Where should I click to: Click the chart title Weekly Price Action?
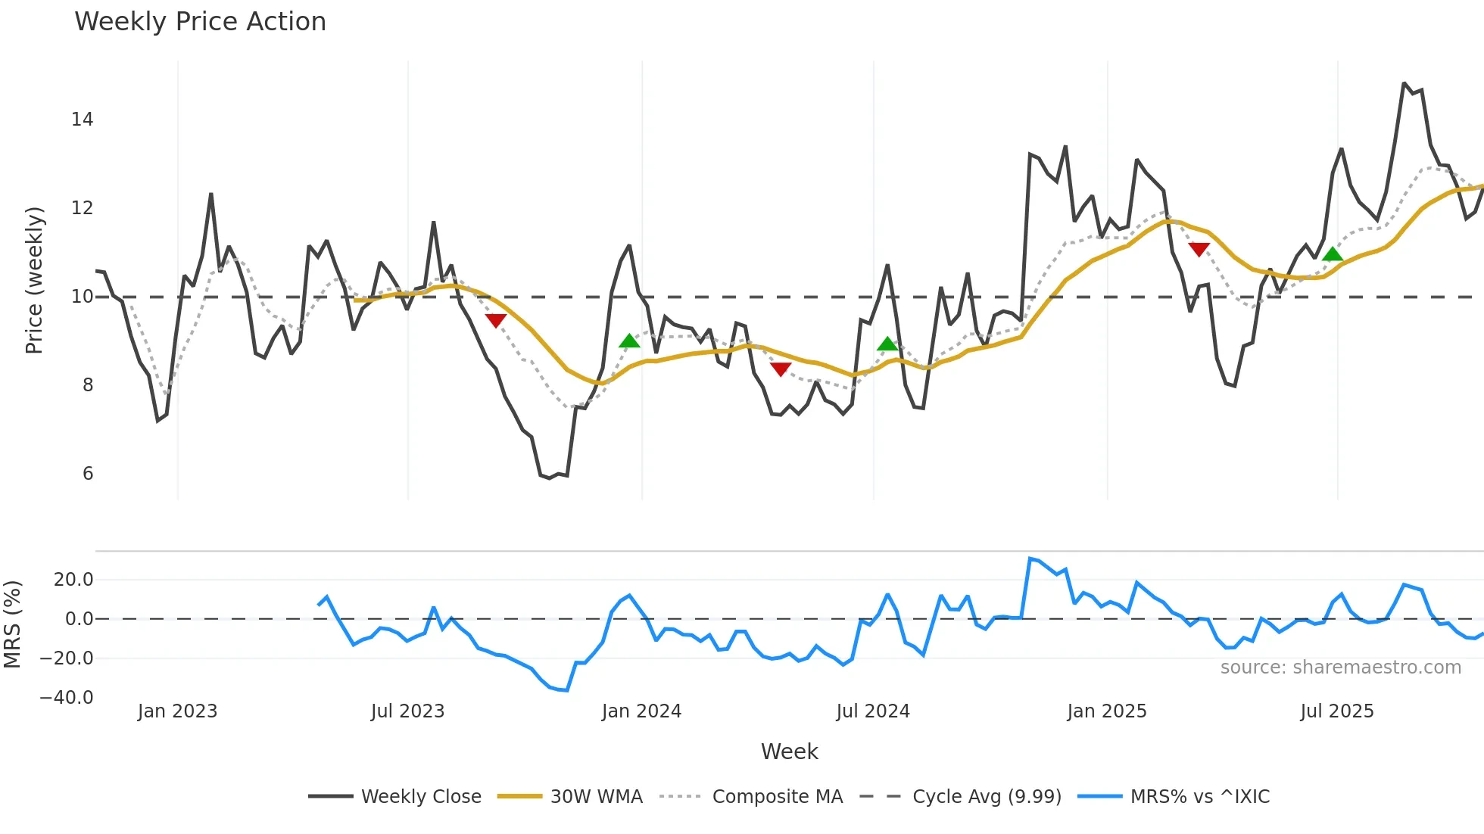(200, 22)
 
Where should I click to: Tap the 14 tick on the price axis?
(83, 120)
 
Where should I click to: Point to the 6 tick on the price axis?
(88, 474)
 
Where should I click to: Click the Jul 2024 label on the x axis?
(873, 711)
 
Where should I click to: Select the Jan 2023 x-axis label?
(177, 711)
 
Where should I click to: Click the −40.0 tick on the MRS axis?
(67, 698)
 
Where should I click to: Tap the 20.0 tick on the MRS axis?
(73, 580)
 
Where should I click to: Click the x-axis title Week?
(789, 752)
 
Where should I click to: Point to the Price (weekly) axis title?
(34, 281)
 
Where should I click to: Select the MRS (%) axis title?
(12, 624)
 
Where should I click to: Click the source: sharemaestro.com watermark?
(1340, 668)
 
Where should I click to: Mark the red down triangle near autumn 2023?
(496, 320)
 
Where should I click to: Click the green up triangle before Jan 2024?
(629, 341)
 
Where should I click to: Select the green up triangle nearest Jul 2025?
(1332, 254)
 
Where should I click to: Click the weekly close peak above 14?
(1404, 83)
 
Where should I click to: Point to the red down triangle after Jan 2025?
(1199, 249)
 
